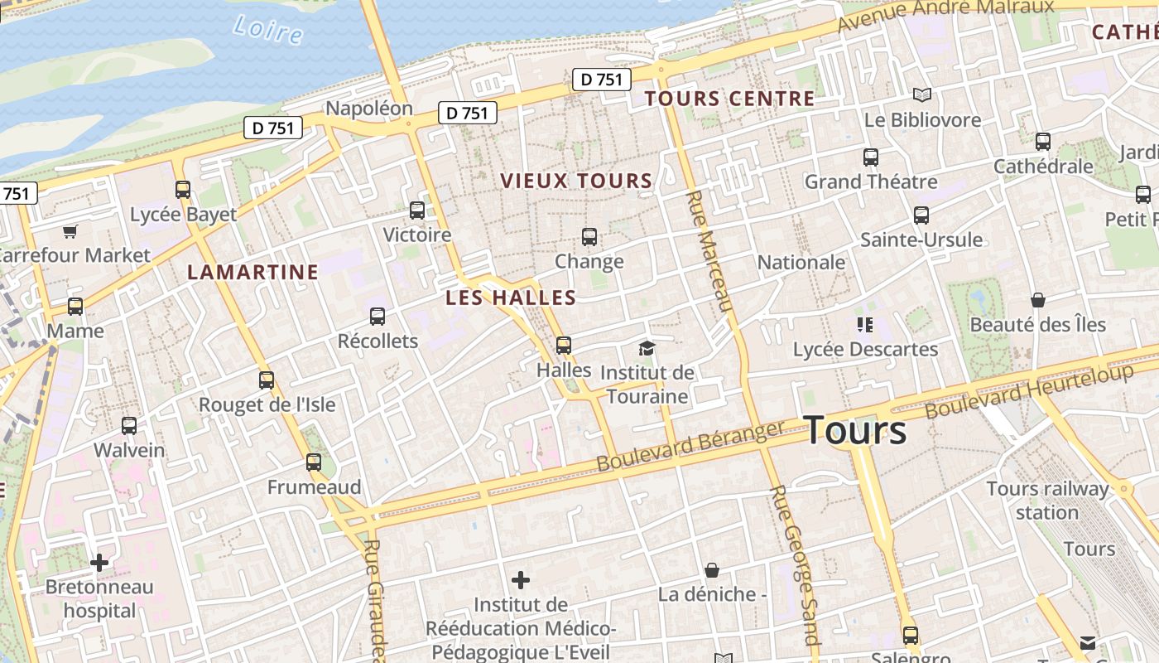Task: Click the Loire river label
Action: (268, 30)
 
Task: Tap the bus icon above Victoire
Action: (417, 211)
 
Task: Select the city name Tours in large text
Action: (855, 431)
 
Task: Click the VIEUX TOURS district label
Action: (576, 181)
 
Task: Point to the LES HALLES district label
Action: (511, 298)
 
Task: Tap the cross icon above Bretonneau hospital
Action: (99, 564)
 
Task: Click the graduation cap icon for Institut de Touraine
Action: (647, 348)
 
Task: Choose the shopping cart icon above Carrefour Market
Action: (70, 231)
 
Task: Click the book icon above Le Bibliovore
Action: (922, 95)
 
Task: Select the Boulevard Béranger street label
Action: (690, 447)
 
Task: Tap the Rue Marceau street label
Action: (710, 251)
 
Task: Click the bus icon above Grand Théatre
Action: (871, 157)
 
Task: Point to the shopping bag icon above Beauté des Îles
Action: (1038, 300)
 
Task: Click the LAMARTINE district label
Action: (252, 272)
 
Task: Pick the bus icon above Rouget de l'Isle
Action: (267, 380)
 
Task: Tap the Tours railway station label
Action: (1047, 501)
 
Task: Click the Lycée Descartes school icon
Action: (865, 325)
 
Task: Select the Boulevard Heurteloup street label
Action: (1029, 390)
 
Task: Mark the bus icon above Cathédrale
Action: (1043, 142)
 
